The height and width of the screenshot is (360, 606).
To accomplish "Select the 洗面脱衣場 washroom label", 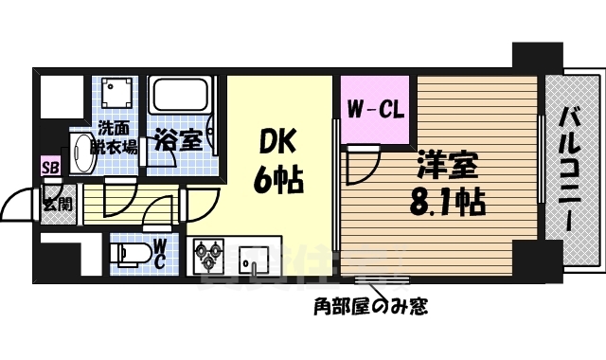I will (x=115, y=138).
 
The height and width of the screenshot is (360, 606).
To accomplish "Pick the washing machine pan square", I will (x=116, y=95).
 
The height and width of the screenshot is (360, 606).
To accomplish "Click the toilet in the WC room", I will (x=127, y=253).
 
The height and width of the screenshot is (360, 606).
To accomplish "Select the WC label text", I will (x=160, y=253).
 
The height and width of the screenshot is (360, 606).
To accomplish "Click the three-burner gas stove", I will (x=210, y=256).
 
